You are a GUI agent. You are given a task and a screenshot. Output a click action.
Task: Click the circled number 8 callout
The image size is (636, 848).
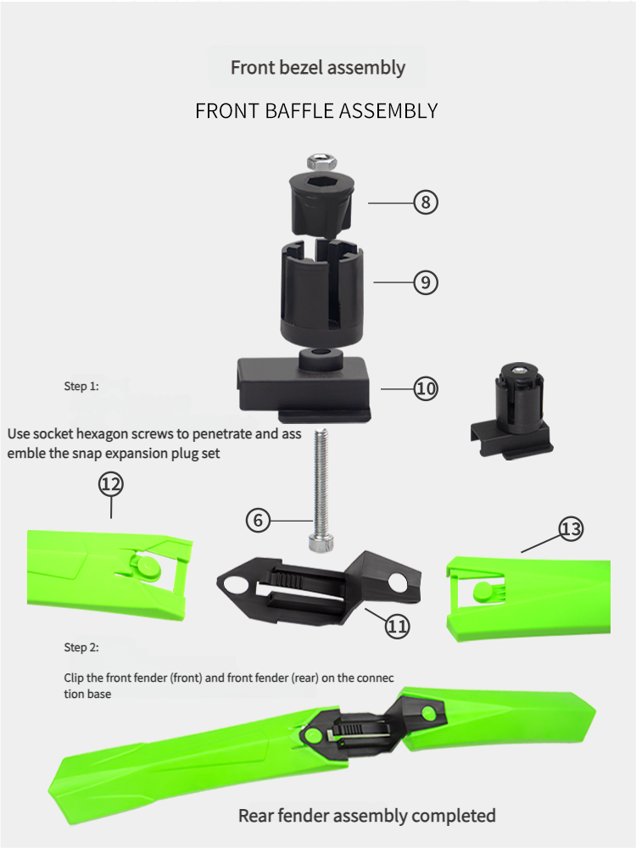[426, 203]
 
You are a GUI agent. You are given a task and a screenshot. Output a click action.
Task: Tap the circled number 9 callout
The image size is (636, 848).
[426, 282]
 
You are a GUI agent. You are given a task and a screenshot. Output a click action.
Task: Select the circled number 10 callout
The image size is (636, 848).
[426, 388]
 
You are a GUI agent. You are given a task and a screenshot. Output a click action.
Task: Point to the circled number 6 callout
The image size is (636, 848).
[258, 521]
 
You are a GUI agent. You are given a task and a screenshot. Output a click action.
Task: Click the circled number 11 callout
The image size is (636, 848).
[398, 627]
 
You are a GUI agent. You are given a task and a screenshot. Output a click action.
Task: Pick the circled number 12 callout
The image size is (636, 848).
[111, 484]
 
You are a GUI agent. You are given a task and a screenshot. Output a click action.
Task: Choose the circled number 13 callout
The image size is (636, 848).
[571, 529]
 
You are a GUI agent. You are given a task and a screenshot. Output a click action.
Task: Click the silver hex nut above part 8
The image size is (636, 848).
[322, 162]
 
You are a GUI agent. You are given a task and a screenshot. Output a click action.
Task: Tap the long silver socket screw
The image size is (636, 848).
[321, 489]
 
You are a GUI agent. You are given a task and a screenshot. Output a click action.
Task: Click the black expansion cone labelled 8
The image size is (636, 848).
[321, 205]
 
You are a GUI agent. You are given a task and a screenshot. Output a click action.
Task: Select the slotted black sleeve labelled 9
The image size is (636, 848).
[321, 295]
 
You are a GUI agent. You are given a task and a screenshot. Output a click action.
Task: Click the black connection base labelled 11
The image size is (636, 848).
[319, 587]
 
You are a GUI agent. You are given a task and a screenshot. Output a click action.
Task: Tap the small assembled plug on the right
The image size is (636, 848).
[511, 411]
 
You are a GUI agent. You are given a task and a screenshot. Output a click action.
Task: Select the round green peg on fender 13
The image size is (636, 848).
[483, 592]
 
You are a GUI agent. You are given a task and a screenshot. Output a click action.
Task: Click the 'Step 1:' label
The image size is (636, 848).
[81, 386]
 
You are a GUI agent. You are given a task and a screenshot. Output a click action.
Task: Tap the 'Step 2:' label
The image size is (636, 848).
[81, 647]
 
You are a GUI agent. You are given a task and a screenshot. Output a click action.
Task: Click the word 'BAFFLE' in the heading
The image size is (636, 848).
[299, 111]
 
